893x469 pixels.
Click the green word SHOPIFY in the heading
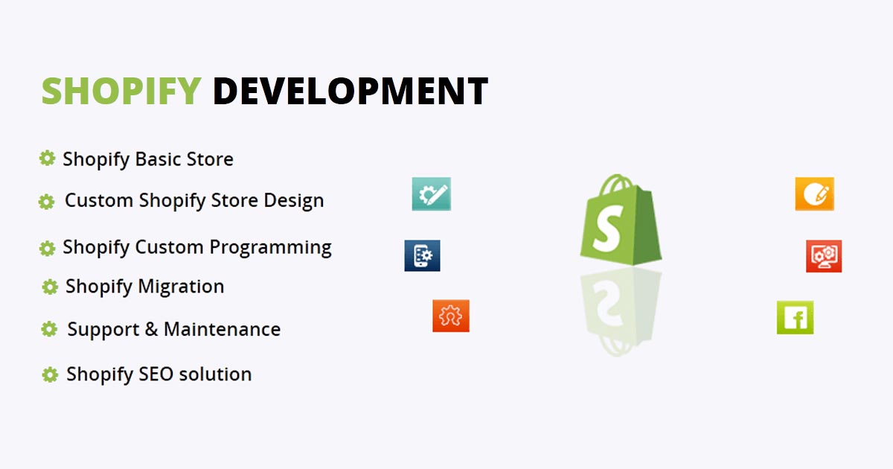pos(121,92)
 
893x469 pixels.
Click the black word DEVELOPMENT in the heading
pos(350,92)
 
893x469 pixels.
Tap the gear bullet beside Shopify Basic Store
pos(47,158)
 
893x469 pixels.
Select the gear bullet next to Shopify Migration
pos(50,287)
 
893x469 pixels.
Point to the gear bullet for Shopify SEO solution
pos(50,374)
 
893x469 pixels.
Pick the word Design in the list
pos(293,201)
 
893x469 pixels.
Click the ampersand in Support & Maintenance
pos(152,329)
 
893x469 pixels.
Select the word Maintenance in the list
pos(222,329)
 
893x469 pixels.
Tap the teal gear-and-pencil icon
pos(432,194)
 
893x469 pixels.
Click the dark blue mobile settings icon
pos(422,255)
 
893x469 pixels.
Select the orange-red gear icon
pos(451,316)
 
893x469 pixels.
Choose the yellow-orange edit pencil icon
pos(814,194)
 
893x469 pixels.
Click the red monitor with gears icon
pos(824,256)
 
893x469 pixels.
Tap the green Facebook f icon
pos(795,318)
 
